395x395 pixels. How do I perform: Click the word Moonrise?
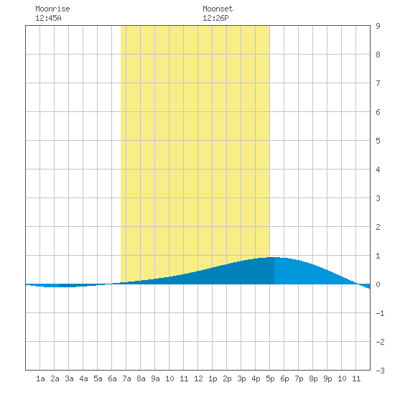[52, 9]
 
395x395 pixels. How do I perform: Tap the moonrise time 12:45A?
[48, 18]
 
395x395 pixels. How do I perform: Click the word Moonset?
[218, 9]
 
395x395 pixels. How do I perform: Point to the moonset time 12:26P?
[215, 18]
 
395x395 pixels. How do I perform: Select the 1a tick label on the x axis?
[40, 378]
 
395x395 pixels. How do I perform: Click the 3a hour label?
[69, 378]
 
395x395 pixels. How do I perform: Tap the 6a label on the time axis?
[112, 378]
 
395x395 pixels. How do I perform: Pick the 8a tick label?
[141, 378]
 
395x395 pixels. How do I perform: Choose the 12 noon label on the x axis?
[198, 378]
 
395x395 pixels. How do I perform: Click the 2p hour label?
[227, 378]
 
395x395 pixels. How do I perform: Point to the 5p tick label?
[270, 378]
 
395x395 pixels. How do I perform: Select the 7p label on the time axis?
[299, 378]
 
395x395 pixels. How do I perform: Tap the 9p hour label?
[327, 378]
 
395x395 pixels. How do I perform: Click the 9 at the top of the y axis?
[378, 26]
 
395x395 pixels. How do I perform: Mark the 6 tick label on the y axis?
[378, 112]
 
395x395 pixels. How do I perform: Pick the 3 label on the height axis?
[378, 198]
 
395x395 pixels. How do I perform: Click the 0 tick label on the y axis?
[378, 284]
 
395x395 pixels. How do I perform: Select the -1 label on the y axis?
[380, 313]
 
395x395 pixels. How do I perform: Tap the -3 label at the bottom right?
[380, 371]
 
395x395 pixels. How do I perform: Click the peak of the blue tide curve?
[274, 257]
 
